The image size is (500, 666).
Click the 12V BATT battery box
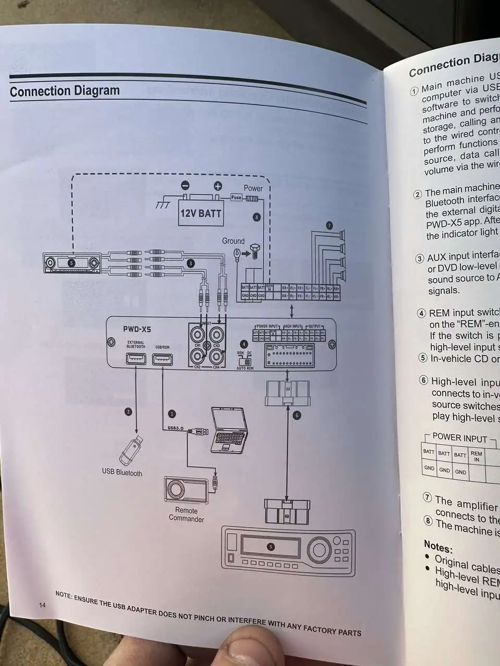[201, 213]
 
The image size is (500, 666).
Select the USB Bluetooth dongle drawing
[131, 450]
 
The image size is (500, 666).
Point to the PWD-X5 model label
[137, 329]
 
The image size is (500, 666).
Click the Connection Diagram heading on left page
[65, 92]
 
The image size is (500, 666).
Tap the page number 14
[42, 605]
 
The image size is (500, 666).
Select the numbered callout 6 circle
[297, 415]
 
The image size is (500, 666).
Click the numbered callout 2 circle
[128, 412]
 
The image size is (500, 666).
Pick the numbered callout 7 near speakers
[329, 225]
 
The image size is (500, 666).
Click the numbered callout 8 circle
[256, 217]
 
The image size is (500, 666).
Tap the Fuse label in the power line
[236, 198]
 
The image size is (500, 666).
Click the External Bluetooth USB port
[136, 358]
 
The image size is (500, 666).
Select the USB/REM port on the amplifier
[162, 359]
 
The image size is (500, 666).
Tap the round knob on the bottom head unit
[318, 549]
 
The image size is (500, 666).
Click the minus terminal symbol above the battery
[185, 186]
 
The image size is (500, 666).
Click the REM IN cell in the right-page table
[476, 456]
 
